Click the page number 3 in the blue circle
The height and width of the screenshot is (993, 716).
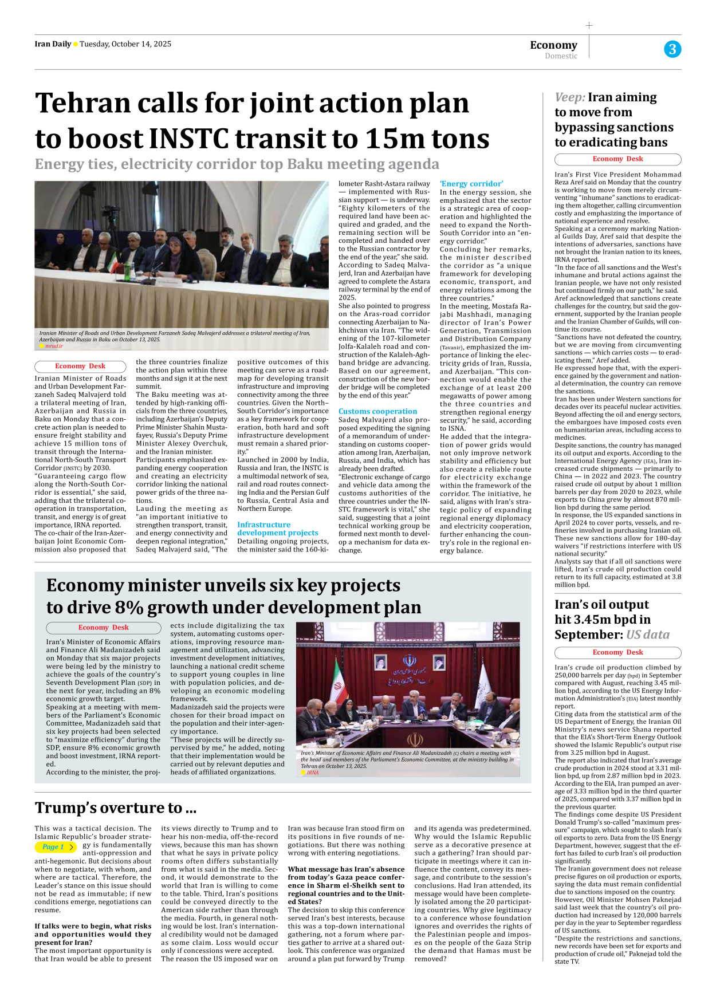point(672,49)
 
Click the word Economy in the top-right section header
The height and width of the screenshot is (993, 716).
point(553,45)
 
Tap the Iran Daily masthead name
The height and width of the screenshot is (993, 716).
point(53,44)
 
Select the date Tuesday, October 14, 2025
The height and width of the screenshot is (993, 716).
point(125,44)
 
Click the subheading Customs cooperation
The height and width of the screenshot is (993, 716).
point(377,411)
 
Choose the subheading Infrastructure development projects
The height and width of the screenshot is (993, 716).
point(277,529)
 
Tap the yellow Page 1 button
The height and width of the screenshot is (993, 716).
point(56,847)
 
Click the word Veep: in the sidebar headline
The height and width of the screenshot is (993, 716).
point(569,97)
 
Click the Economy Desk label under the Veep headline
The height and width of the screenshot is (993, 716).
point(617,159)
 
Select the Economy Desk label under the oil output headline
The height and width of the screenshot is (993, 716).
point(617,652)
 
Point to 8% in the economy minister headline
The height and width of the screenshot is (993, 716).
point(128,607)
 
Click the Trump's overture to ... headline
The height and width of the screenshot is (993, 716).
point(116,807)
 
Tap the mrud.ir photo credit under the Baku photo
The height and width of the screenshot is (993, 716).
point(54,346)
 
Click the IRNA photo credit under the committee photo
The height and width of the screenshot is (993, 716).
point(312,773)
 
